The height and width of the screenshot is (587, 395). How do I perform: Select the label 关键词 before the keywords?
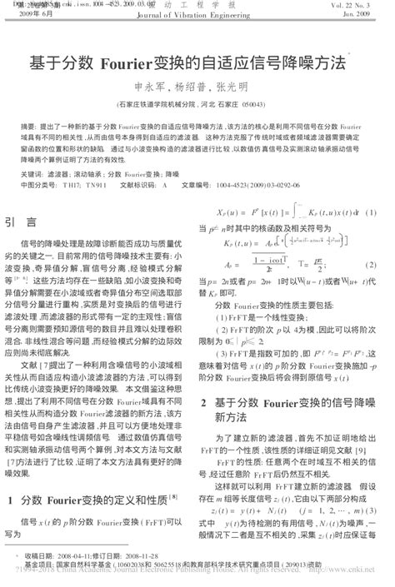[x=32, y=176]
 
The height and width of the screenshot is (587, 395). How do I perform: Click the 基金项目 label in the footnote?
[x=38, y=563]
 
